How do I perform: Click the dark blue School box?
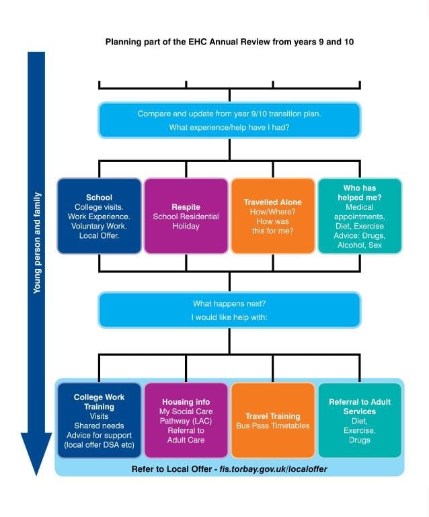pyautogui.click(x=99, y=215)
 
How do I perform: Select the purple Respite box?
pyautogui.click(x=186, y=215)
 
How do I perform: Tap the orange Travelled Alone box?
pyautogui.click(x=272, y=215)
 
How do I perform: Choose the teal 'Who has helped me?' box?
pyautogui.click(x=359, y=215)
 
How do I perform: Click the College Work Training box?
pyautogui.click(x=99, y=420)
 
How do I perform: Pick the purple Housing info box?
pyautogui.click(x=186, y=420)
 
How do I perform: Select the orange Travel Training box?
pyautogui.click(x=272, y=420)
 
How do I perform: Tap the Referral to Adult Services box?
pyautogui.click(x=359, y=420)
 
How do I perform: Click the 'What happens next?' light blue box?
pyautogui.click(x=229, y=309)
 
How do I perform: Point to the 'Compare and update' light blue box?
pyautogui.click(x=229, y=120)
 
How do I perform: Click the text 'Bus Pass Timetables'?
pyautogui.click(x=272, y=426)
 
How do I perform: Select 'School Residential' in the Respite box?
pyautogui.click(x=186, y=216)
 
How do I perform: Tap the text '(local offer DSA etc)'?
pyautogui.click(x=99, y=445)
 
